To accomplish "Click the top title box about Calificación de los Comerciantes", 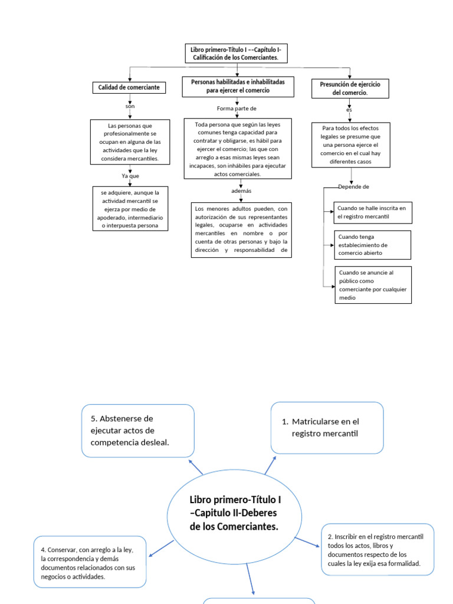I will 237,54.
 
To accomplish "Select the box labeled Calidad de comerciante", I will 129,88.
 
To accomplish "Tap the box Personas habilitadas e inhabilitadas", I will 238,86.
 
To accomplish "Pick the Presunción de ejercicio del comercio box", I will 350,88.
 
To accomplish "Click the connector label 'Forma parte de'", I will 237,109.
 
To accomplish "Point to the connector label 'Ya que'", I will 130,176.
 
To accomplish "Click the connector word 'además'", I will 241,192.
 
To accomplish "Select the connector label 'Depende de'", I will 354,187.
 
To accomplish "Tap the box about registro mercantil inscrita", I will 372,212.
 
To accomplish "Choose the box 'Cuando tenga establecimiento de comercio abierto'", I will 372,245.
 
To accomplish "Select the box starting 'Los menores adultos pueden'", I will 241,230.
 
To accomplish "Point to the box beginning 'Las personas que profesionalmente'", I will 130,143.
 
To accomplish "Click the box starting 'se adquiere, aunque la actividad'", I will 130,209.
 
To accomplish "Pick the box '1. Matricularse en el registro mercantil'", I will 327,428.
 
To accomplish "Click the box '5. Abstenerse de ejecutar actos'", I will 138,431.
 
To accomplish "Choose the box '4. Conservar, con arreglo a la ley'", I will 90,562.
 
